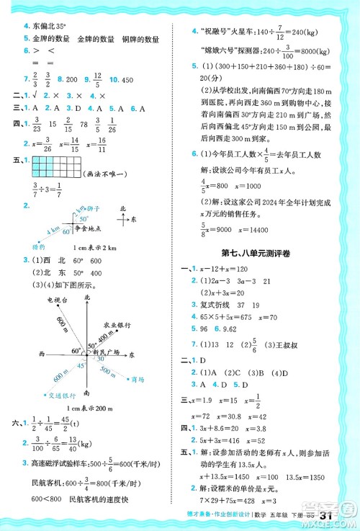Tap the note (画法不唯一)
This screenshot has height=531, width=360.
(108, 174)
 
